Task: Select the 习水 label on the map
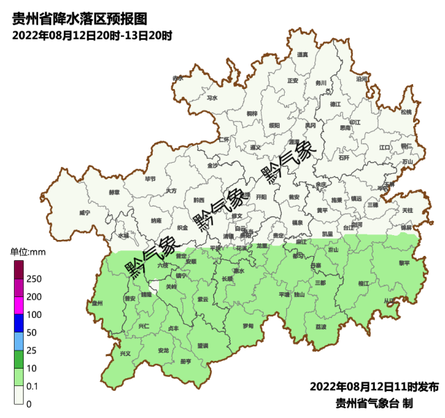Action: click(x=212, y=98)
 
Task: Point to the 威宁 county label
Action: click(x=85, y=211)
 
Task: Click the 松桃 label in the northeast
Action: click(x=406, y=111)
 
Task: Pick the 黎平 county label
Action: click(x=404, y=263)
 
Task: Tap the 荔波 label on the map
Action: click(x=321, y=326)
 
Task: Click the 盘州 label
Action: click(x=97, y=304)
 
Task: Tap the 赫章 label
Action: click(x=114, y=191)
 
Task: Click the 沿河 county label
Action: click(x=362, y=79)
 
